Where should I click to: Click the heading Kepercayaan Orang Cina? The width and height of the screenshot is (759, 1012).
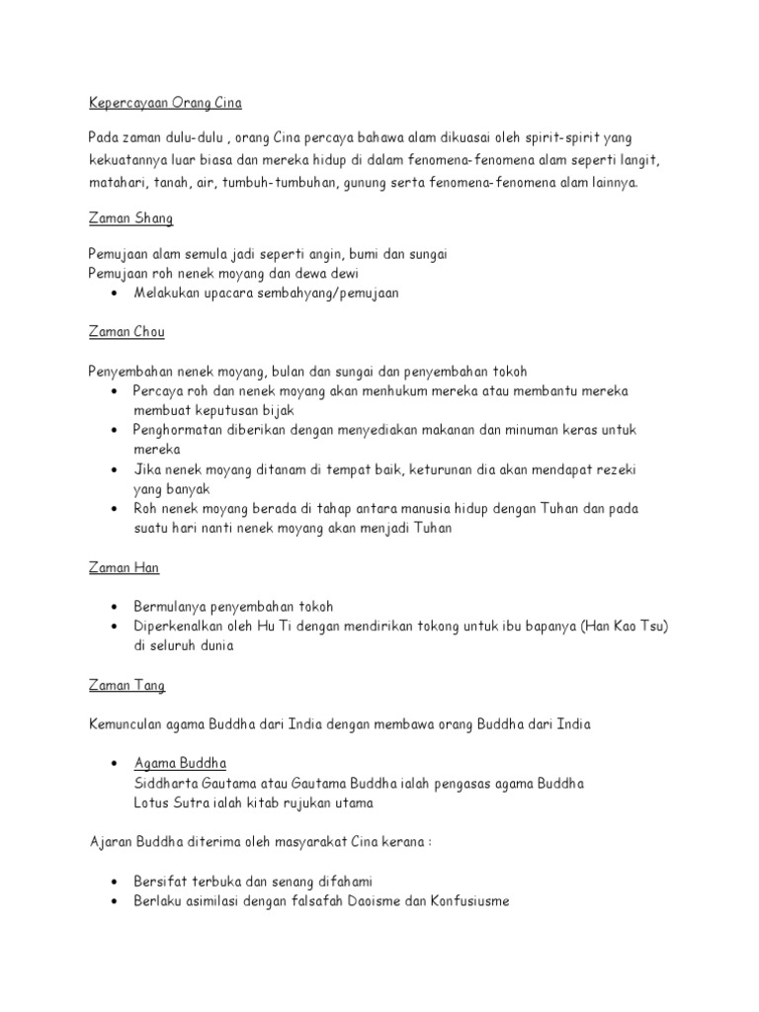click(x=165, y=103)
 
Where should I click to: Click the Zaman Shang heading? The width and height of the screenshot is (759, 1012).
click(x=130, y=218)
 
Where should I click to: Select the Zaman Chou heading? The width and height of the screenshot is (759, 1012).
click(x=127, y=333)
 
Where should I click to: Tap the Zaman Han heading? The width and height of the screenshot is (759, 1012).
click(x=124, y=568)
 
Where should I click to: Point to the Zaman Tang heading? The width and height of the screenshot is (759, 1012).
click(x=126, y=685)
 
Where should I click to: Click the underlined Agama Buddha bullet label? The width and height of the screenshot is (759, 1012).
click(x=180, y=763)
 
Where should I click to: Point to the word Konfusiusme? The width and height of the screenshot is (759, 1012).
click(x=464, y=900)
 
